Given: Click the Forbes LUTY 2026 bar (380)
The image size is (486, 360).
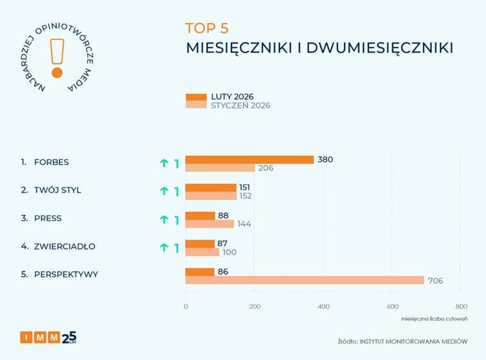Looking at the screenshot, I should [x=249, y=159].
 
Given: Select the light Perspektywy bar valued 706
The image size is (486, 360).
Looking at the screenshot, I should [x=305, y=280].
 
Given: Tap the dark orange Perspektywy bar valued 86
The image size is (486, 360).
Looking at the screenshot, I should [x=200, y=272].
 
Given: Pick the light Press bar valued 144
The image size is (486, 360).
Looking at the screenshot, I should [x=210, y=224].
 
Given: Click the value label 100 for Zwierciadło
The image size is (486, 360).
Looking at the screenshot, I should [x=230, y=252].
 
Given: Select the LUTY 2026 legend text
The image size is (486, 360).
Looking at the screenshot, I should [x=232, y=96].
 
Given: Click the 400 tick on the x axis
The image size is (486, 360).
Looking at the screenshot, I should [x=323, y=307].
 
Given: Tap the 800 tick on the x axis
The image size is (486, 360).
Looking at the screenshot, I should [x=460, y=307].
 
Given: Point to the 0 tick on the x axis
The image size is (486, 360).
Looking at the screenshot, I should [x=186, y=307].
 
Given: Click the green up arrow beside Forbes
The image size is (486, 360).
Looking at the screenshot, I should [x=164, y=163].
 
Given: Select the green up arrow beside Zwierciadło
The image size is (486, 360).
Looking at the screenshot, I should [x=164, y=248].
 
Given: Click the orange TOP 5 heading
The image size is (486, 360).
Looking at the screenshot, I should [x=206, y=28].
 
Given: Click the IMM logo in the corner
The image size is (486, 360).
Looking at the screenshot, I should [x=48, y=336].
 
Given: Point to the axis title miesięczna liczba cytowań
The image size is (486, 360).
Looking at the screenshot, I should [x=434, y=318].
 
